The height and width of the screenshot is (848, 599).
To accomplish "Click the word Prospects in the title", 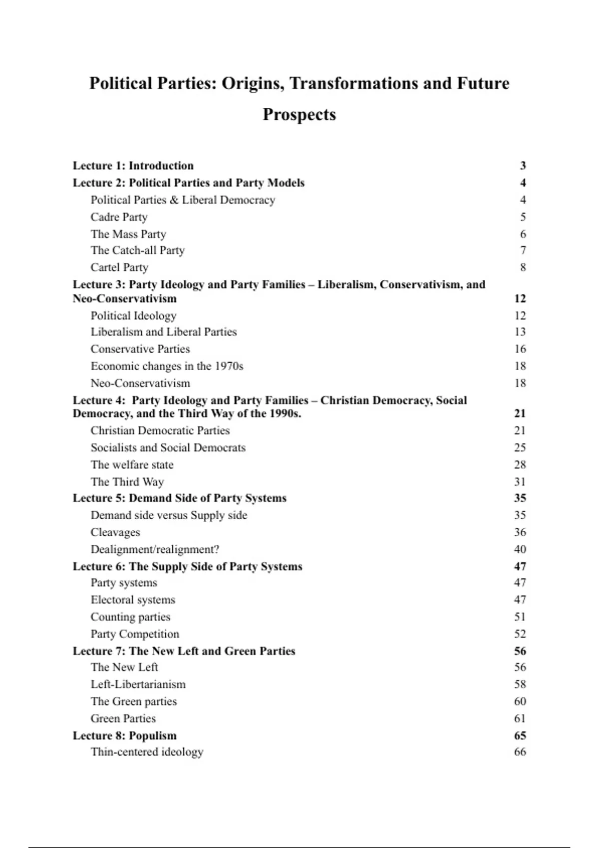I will pyautogui.click(x=299, y=115).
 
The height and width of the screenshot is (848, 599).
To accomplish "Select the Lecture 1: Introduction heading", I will pyautogui.click(x=133, y=166).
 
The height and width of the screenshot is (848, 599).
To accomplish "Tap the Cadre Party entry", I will pyautogui.click(x=119, y=217).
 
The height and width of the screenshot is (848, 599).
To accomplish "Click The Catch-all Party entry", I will pyautogui.click(x=138, y=250).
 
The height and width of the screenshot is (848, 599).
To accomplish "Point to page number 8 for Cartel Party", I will pyautogui.click(x=523, y=267).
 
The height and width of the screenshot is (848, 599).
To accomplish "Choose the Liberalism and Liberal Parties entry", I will pyautogui.click(x=164, y=332).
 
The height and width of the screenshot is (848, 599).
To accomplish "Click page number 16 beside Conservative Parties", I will pyautogui.click(x=520, y=349).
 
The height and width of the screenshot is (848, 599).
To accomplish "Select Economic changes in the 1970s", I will pyautogui.click(x=167, y=366).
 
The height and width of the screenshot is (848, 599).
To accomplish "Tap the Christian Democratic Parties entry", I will pyautogui.click(x=160, y=430).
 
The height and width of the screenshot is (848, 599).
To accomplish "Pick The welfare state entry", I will pyautogui.click(x=132, y=465).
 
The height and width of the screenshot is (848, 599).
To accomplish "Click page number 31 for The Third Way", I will pyautogui.click(x=520, y=482).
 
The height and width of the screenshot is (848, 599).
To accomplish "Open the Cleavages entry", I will pyautogui.click(x=115, y=532).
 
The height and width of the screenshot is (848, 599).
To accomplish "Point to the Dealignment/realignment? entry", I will pyautogui.click(x=155, y=549).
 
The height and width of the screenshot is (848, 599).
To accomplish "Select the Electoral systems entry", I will pyautogui.click(x=133, y=600).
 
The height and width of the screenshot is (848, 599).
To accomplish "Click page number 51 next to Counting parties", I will pyautogui.click(x=520, y=617).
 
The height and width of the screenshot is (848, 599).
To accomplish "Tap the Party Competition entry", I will pyautogui.click(x=135, y=634).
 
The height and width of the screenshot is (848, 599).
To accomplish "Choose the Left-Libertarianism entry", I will pyautogui.click(x=138, y=684).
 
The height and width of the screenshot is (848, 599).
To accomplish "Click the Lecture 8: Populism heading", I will pyautogui.click(x=125, y=736).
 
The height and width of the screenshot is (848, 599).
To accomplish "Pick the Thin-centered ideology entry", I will pyautogui.click(x=147, y=752).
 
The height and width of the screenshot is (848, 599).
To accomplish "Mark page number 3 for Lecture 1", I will pyautogui.click(x=523, y=166).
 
